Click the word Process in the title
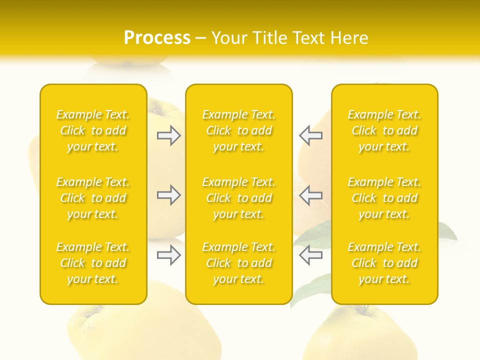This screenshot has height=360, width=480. [157, 38]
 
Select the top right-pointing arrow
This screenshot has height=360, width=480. [168, 135]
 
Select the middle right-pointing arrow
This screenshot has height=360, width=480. [168, 195]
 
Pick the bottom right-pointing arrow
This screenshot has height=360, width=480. [168, 255]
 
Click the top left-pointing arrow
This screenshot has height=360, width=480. [310, 135]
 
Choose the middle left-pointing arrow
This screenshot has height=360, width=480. [310, 195]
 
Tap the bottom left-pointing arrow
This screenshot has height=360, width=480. [310, 255]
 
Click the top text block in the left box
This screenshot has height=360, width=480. [93, 130]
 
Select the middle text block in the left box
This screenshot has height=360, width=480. [93, 198]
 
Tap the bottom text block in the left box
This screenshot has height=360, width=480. [93, 263]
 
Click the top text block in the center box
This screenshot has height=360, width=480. [239, 130]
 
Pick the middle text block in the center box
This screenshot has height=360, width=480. [239, 198]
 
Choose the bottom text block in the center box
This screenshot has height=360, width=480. [239, 263]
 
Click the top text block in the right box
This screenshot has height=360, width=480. [384, 130]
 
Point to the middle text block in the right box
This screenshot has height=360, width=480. [384, 198]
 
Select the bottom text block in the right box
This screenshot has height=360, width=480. [384, 263]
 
